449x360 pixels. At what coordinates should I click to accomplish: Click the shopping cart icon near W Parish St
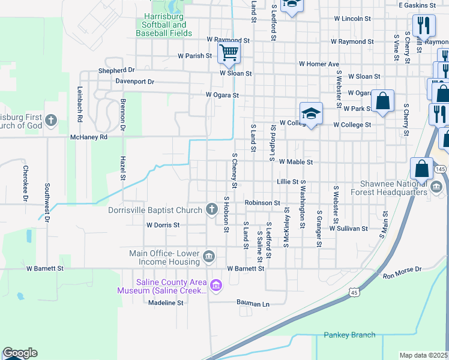(229, 53)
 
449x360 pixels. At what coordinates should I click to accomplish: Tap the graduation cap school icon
(312, 113)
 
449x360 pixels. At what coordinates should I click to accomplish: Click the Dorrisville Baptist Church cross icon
(211, 209)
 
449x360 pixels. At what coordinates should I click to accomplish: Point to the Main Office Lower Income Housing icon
(208, 257)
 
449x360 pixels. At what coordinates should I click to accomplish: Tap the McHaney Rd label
(88, 137)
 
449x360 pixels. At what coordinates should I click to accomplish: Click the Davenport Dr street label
(135, 81)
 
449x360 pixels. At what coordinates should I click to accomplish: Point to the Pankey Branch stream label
(349, 335)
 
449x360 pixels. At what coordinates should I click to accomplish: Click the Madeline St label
(166, 303)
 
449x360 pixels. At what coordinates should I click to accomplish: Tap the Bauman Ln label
(253, 304)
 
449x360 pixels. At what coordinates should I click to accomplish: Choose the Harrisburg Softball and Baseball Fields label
(164, 29)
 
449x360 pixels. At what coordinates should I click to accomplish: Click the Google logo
(20, 353)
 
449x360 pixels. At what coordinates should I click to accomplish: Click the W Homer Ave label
(319, 64)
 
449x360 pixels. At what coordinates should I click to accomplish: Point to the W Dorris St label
(163, 225)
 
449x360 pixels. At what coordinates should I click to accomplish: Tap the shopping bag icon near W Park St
(383, 101)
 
